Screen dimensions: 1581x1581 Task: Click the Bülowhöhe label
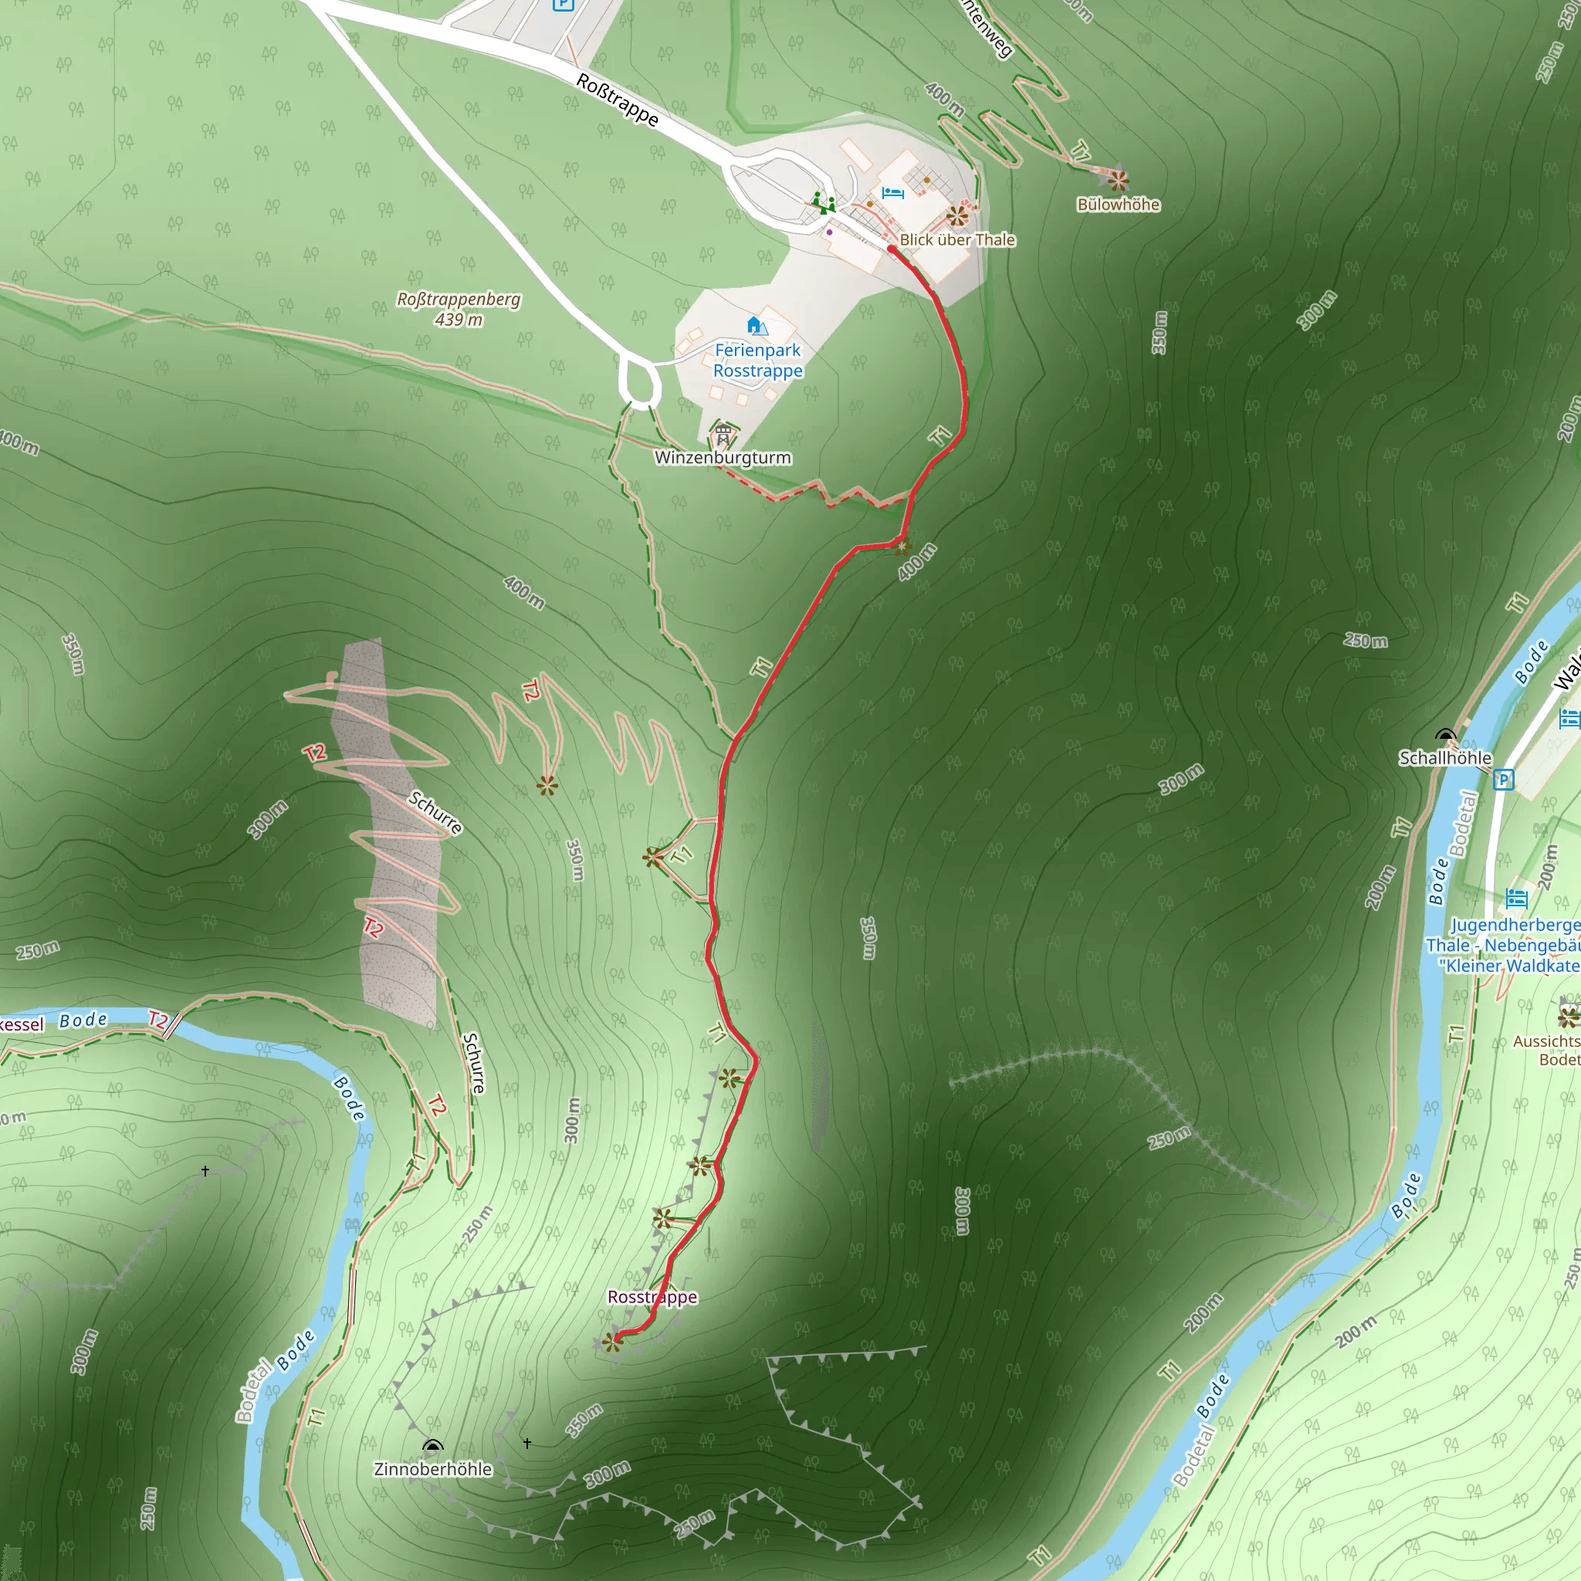1118,205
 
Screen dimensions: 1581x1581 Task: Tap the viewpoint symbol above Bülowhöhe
1118,179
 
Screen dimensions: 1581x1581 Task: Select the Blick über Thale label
957,240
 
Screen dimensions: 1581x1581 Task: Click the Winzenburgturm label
723,458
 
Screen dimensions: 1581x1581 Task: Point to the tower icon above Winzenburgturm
723,434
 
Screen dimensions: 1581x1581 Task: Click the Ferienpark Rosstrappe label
758,360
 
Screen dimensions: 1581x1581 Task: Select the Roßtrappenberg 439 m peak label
459,309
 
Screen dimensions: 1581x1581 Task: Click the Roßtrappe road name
617,100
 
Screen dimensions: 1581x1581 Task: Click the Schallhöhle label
1445,758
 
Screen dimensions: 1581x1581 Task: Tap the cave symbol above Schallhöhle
1445,735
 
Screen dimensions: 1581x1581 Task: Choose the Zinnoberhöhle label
433,1469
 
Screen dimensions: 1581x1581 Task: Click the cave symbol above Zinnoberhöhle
433,1446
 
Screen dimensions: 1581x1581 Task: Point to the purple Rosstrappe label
652,1297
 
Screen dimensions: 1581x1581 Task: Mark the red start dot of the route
891,249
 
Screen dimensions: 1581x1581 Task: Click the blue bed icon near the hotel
893,194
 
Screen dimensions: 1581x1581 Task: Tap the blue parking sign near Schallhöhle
1503,780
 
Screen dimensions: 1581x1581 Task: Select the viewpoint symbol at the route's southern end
612,1341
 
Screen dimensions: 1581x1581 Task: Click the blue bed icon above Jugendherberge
1516,899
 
